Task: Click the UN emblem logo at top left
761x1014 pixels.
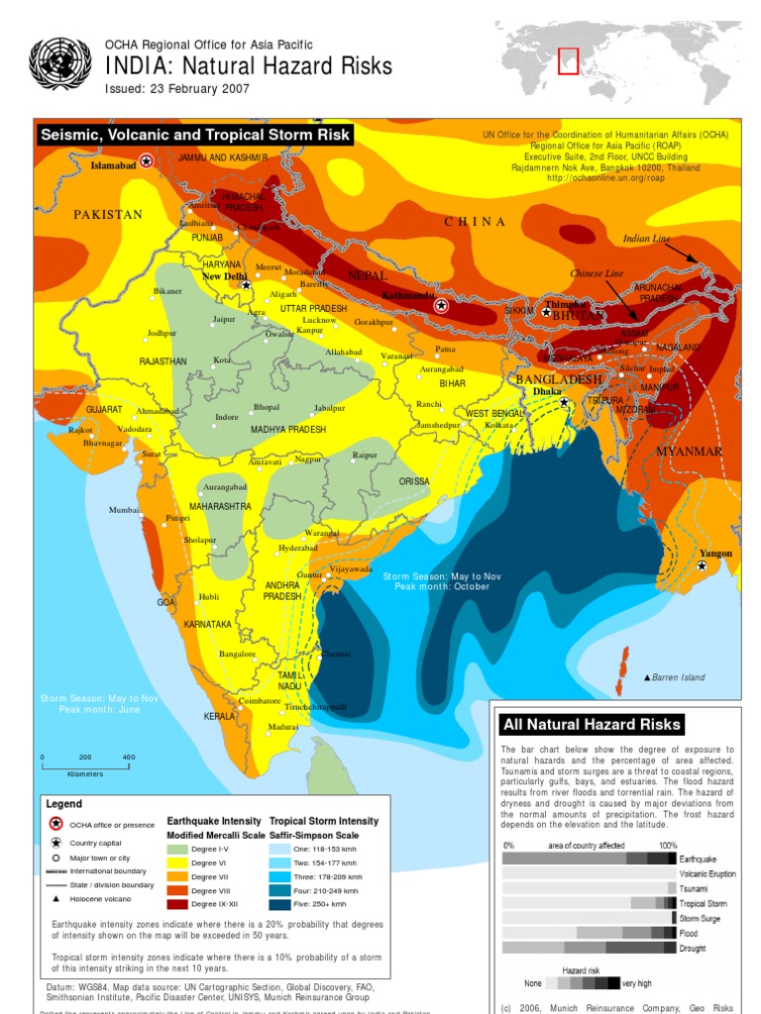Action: pyautogui.click(x=60, y=64)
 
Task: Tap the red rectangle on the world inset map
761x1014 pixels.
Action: pyautogui.click(x=568, y=60)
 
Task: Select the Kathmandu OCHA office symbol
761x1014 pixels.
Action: pyautogui.click(x=442, y=306)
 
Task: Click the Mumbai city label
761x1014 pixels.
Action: pyautogui.click(x=126, y=510)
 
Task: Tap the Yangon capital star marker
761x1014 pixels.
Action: pyautogui.click(x=702, y=565)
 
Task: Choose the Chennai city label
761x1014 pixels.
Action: pyautogui.click(x=336, y=655)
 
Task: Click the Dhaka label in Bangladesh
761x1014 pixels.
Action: pyautogui.click(x=547, y=391)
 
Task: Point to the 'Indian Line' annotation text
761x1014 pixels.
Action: pyautogui.click(x=646, y=239)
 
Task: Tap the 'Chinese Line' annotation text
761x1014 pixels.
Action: pyautogui.click(x=597, y=273)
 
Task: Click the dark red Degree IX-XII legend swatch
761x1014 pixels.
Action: pyautogui.click(x=176, y=904)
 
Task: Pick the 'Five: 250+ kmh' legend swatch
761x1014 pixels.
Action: pyautogui.click(x=279, y=904)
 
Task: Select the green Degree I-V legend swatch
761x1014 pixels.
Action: pyautogui.click(x=176, y=849)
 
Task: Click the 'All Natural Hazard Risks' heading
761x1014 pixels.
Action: pyautogui.click(x=592, y=725)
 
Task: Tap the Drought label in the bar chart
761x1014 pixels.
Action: pyautogui.click(x=694, y=949)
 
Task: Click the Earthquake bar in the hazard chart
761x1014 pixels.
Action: pyautogui.click(x=589, y=859)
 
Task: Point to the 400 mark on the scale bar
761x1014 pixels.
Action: pyautogui.click(x=128, y=758)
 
